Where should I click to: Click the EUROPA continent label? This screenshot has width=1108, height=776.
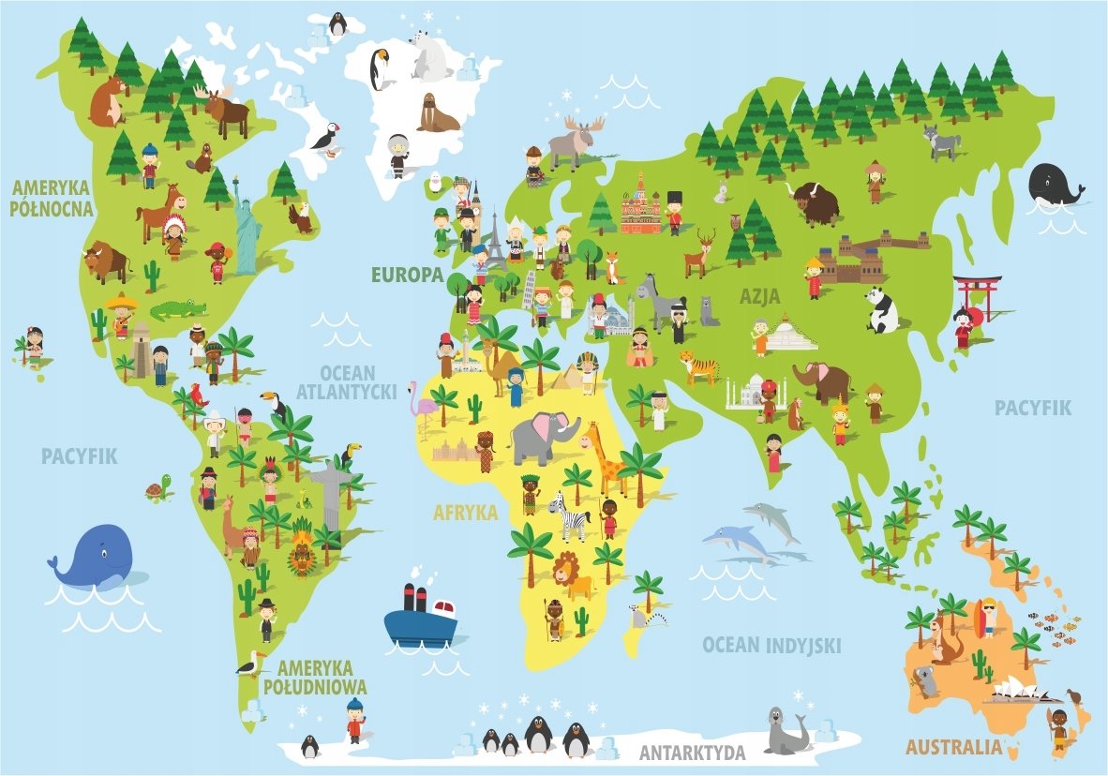406,275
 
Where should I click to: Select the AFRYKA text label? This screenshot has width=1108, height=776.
465,513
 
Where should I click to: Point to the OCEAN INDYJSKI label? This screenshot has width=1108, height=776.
771,645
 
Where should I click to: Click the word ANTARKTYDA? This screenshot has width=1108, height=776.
693,753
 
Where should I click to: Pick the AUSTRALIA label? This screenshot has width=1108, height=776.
953,747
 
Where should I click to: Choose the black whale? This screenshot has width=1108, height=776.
1054,184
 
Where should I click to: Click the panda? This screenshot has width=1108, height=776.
881,310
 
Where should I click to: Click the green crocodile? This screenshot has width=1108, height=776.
178,309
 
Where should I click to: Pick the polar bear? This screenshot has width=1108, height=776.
432,57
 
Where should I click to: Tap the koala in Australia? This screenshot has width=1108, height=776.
926,680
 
